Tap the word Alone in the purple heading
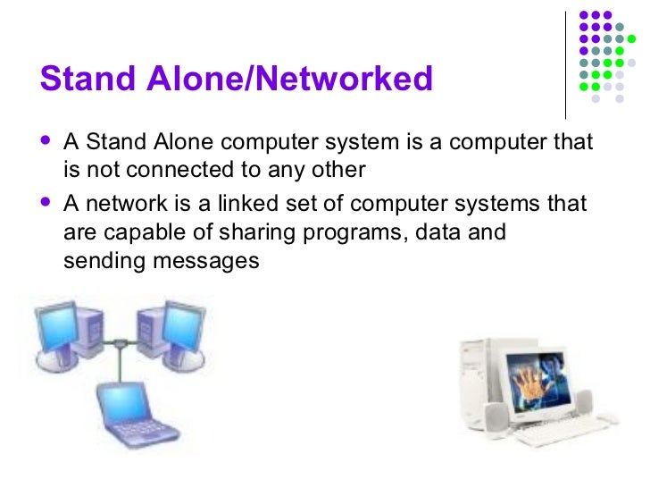(x=187, y=79)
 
